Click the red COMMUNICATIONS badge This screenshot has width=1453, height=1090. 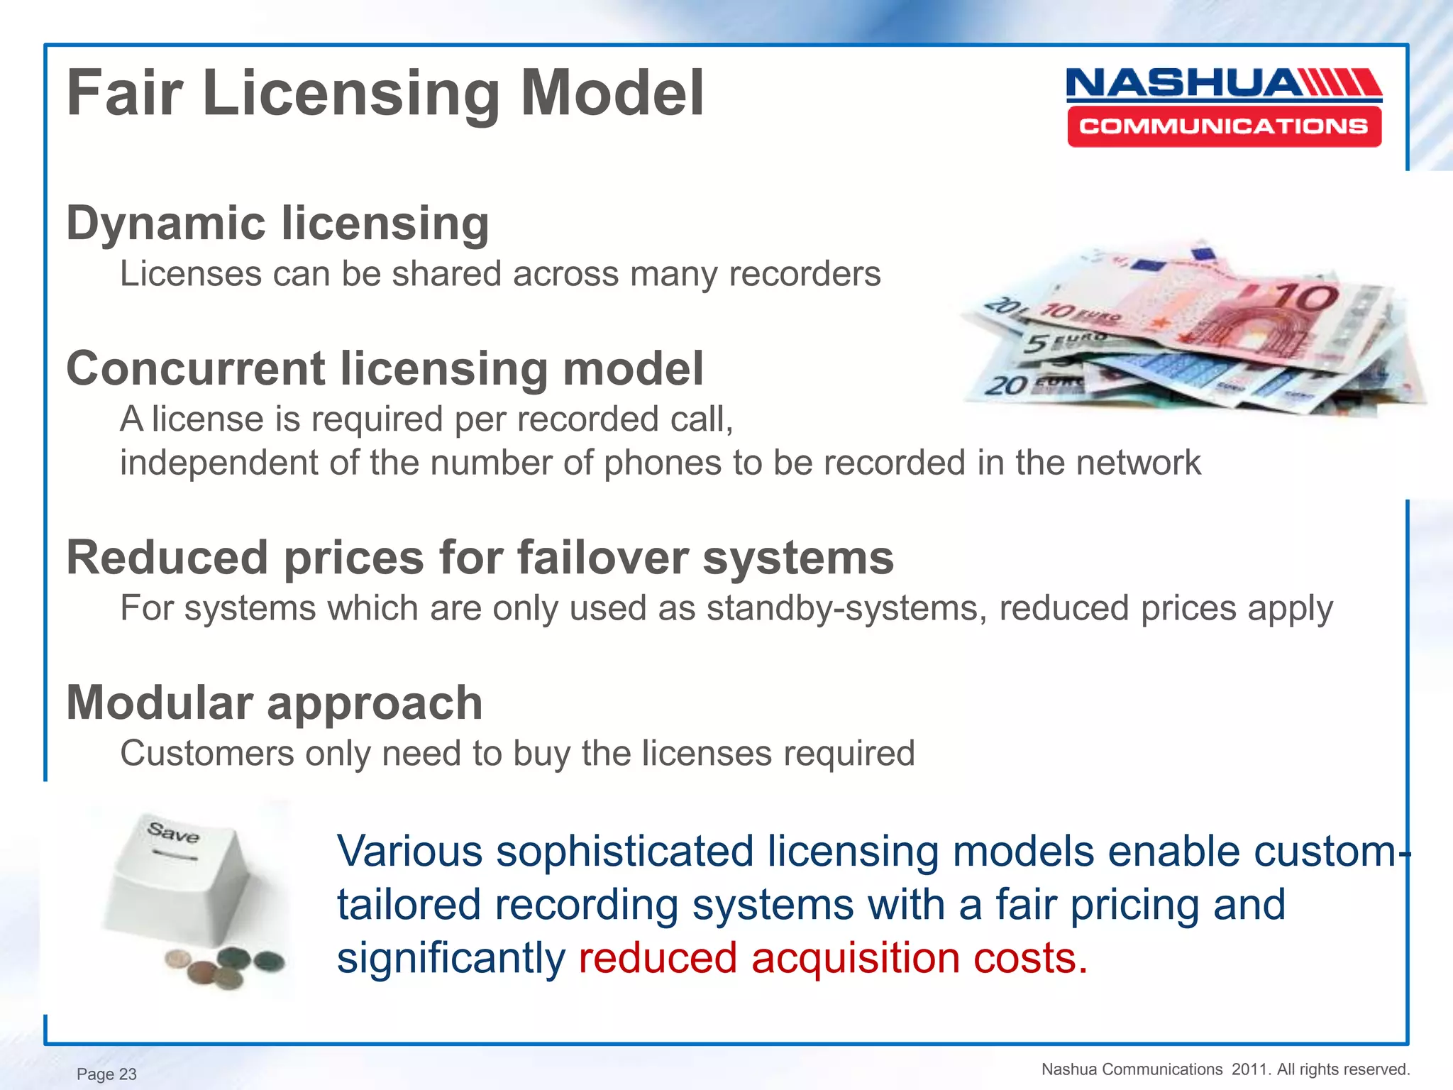[1224, 127]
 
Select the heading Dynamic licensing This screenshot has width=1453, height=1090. [277, 223]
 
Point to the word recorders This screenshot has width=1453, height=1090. [805, 274]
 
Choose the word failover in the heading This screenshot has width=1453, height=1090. [602, 558]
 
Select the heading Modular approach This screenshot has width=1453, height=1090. [275, 703]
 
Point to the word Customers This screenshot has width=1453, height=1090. [206, 753]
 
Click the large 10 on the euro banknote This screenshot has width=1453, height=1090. [1305, 298]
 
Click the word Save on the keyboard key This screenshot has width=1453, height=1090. [173, 832]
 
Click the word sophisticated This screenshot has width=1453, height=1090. [624, 851]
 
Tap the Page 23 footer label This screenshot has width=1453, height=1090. [106, 1074]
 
